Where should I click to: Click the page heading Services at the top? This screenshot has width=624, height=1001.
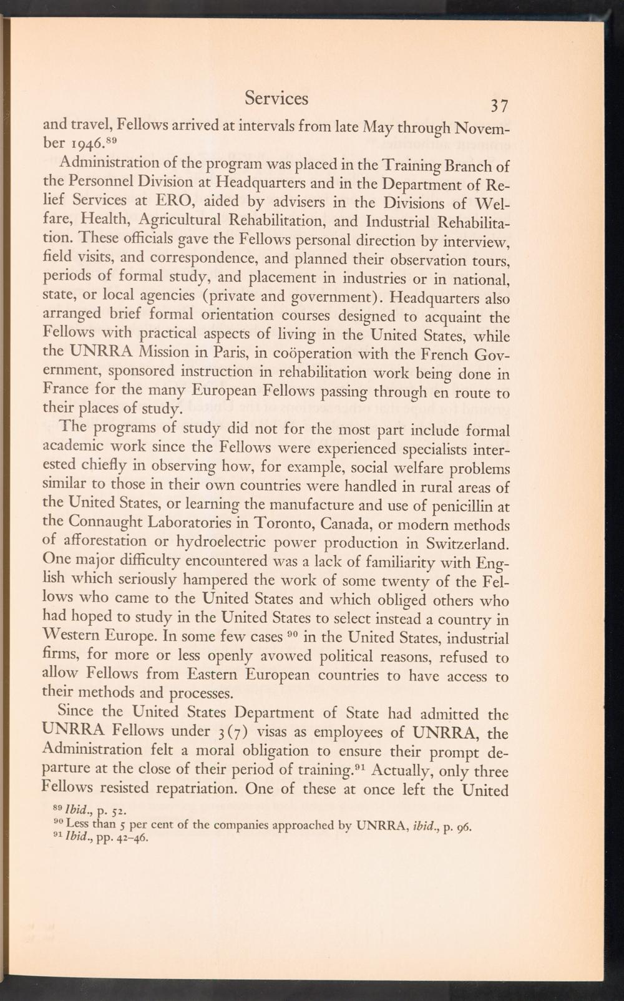(276, 98)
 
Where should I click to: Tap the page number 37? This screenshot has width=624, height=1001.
(500, 105)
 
